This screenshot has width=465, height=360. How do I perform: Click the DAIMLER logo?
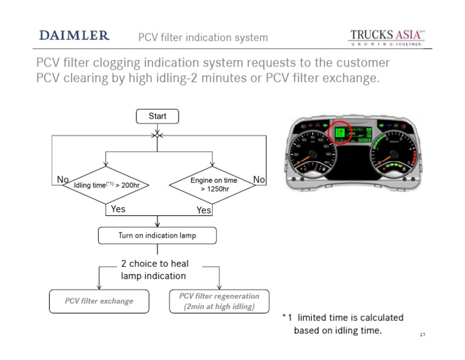pos(74,35)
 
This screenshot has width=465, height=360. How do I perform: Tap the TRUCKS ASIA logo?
pos(387,36)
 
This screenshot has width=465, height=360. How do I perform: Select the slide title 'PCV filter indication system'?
pos(203,38)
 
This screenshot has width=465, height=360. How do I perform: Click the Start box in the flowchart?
pos(157,116)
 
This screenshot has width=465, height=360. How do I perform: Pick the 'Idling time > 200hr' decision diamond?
pos(106,185)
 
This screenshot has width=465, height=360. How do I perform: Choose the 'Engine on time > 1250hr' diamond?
pos(213,185)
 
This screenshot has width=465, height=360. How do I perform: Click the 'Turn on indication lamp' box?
pos(157,235)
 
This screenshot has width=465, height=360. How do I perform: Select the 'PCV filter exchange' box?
pos(99,301)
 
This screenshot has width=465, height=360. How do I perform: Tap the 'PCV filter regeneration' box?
pos(219,301)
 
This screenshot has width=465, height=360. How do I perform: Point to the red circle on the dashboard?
pos(340,133)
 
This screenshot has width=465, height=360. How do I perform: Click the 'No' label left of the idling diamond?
pos(62,179)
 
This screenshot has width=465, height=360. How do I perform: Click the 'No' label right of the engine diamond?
pos(259,179)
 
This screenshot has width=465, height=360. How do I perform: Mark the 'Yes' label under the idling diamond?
pos(118,209)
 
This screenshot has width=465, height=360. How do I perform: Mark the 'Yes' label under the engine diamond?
pos(204,210)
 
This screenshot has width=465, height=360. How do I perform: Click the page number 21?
pos(423,334)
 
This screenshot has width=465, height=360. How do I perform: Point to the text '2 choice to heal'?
pos(155,264)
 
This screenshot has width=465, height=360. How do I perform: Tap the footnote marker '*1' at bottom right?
pos(287,318)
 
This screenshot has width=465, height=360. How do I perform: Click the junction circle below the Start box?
pos(157,135)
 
